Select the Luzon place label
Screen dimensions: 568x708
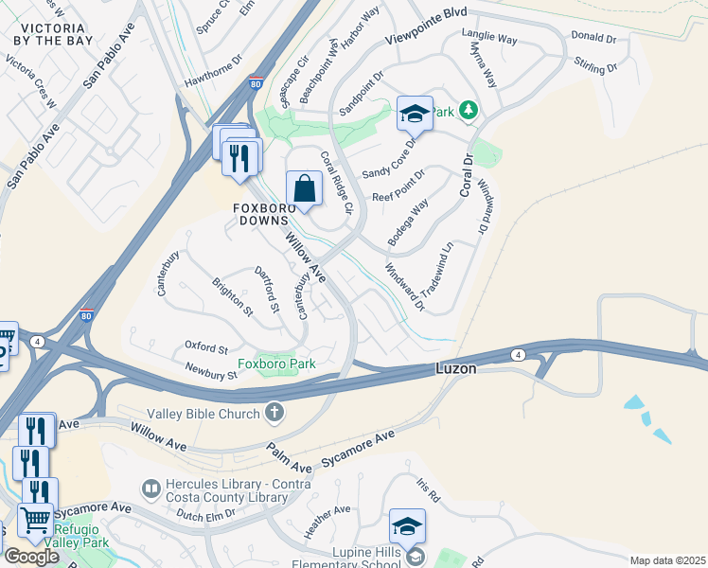click(x=455, y=368)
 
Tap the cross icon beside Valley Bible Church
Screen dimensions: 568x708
click(x=274, y=413)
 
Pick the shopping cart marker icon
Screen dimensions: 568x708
click(x=36, y=519)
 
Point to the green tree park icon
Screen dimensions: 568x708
click(x=468, y=112)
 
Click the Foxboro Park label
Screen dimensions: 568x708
click(x=275, y=364)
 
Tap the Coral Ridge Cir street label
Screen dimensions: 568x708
click(x=336, y=182)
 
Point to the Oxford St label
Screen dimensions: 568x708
click(x=207, y=348)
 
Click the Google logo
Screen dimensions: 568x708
click(x=32, y=557)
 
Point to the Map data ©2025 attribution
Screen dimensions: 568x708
click(x=667, y=560)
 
